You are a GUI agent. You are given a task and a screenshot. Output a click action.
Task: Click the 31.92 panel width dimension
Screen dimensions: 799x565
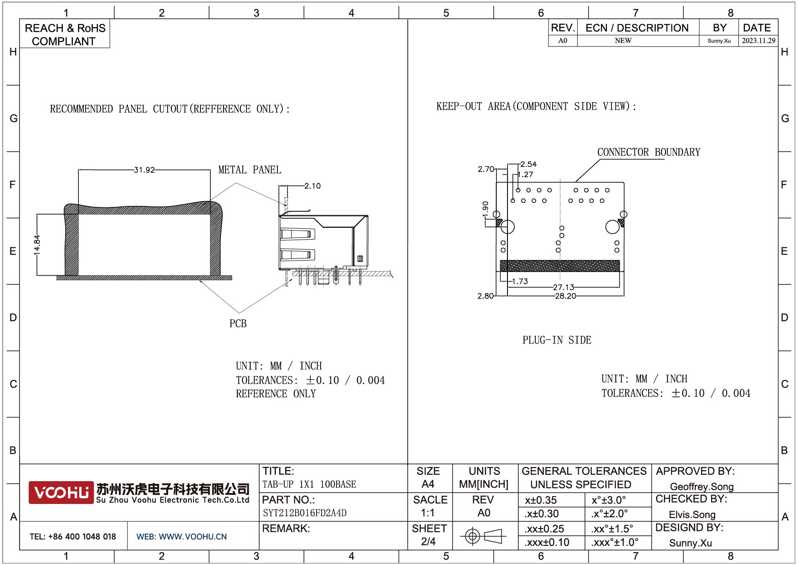144,170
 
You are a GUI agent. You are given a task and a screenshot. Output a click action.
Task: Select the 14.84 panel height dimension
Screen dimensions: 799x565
37,245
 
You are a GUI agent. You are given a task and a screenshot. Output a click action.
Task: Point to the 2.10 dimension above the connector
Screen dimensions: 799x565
312,186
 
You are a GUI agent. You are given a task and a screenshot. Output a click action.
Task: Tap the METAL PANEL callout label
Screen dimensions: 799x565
250,170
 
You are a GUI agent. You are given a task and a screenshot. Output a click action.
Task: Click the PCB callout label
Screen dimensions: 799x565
238,324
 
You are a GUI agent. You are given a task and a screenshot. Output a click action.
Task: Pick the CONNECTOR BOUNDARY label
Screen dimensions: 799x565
649,152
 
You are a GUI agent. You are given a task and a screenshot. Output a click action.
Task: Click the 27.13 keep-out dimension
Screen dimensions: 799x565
563,287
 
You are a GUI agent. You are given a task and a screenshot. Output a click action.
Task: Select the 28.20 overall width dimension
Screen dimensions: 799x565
565,296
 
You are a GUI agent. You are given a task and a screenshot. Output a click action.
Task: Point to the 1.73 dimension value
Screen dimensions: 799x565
520,282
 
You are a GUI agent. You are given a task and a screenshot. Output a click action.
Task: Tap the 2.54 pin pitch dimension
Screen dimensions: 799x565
528,164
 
